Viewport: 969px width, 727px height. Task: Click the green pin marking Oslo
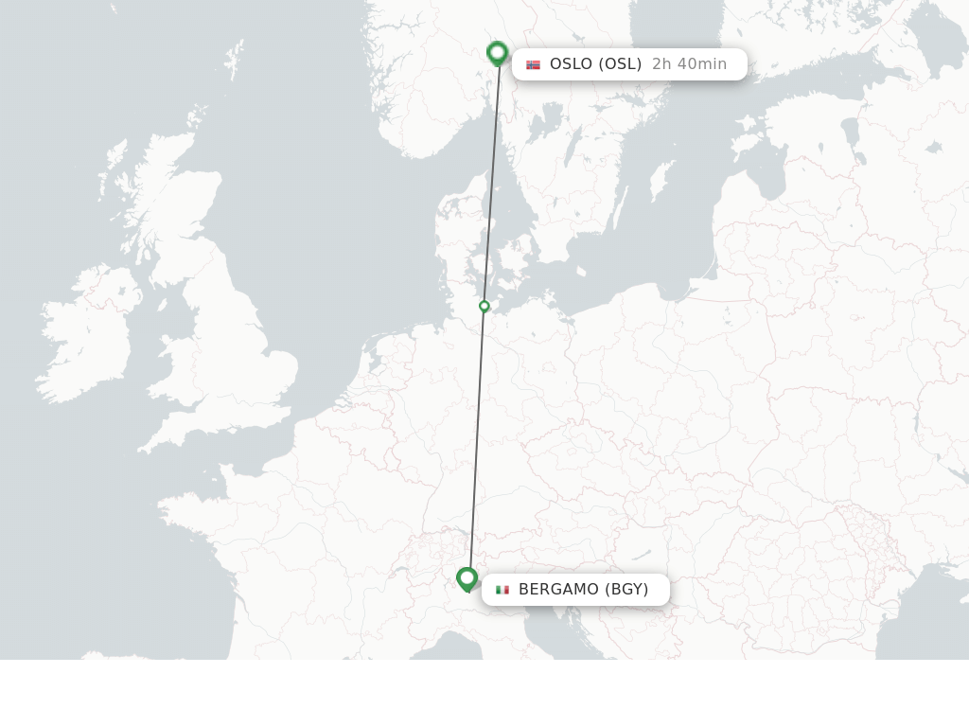coord(497,53)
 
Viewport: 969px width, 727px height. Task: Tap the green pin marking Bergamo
coord(467,578)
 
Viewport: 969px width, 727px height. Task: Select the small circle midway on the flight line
coord(484,306)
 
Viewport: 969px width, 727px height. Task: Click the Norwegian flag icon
coord(534,64)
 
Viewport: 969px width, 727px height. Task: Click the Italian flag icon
coord(502,590)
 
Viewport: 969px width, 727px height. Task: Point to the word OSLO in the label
coord(571,64)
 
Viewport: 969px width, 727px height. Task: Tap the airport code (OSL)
coord(620,64)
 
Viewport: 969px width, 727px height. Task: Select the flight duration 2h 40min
coord(689,64)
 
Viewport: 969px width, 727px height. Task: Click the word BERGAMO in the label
coord(558,590)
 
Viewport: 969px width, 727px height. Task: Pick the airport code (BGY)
coord(626,590)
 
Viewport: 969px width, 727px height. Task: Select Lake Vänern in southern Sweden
coord(546,123)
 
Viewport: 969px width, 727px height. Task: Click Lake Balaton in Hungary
coord(643,554)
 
